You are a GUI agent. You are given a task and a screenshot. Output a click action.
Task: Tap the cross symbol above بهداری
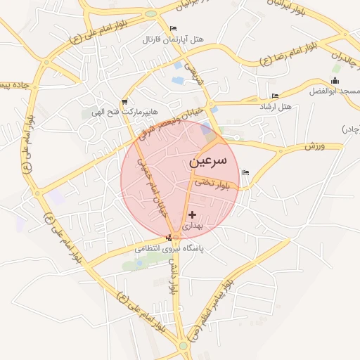point(192,214)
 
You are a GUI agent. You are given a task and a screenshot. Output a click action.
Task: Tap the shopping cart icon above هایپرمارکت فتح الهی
point(124,101)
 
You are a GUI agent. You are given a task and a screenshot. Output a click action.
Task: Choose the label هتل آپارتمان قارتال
point(173,39)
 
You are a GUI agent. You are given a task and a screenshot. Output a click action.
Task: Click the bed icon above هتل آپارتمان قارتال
point(173,29)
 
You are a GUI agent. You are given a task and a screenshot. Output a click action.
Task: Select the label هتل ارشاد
point(275,106)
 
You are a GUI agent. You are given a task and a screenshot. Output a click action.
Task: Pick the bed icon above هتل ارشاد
point(274,96)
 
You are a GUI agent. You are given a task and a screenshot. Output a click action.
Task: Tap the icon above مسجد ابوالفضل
point(335,81)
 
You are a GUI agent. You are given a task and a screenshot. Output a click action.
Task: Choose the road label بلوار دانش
point(174,277)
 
